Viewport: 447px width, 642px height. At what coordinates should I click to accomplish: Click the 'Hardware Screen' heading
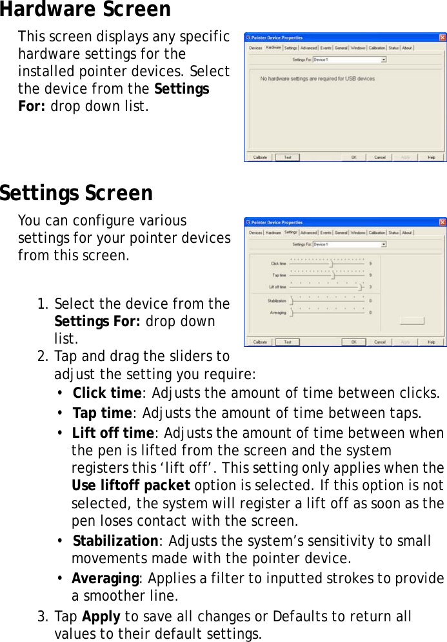85,10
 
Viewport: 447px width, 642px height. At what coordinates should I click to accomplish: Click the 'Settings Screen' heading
76,193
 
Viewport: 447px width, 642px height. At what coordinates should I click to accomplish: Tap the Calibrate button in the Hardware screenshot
260,157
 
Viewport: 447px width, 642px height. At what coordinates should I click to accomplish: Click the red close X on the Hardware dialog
442,37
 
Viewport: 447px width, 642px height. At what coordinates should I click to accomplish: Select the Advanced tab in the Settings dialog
308,233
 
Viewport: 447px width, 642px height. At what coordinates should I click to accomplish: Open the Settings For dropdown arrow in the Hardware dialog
384,59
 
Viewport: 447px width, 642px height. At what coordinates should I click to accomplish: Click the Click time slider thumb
332,264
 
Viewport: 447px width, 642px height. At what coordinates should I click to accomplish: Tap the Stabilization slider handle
292,300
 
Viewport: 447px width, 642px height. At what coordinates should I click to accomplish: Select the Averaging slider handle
292,313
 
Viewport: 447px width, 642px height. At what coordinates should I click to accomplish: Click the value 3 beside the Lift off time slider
370,286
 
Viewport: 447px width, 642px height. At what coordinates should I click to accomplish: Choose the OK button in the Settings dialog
353,342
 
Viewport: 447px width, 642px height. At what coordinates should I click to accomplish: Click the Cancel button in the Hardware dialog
380,157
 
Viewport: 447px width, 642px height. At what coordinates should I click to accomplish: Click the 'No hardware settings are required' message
317,79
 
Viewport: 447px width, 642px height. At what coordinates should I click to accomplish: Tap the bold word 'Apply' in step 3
99,617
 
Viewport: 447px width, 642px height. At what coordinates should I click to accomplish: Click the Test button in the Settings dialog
288,342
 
